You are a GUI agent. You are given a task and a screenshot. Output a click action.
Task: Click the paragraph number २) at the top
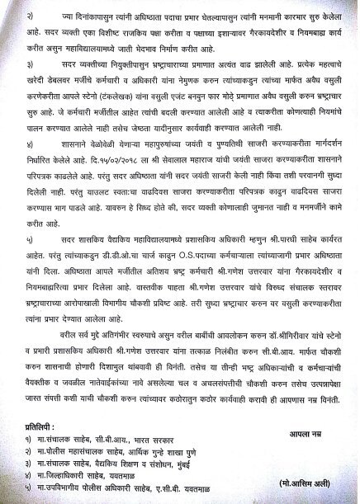click(x=29, y=16)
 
